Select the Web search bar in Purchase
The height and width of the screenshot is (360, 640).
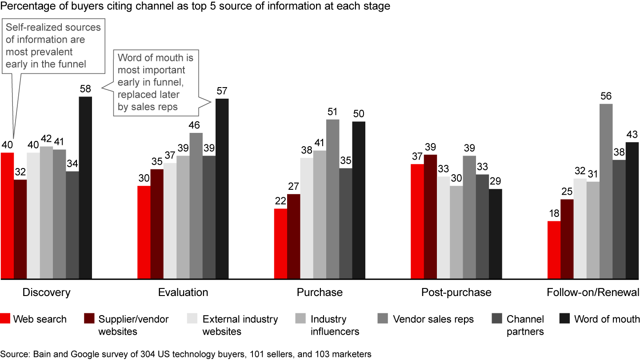(280, 244)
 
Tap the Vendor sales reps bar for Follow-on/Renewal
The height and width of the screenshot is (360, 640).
(606, 192)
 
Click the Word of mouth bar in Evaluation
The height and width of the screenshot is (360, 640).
(222, 189)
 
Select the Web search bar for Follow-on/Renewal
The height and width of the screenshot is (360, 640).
(554, 250)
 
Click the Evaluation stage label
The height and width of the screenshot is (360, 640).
(183, 292)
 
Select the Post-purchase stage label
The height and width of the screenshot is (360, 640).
(456, 292)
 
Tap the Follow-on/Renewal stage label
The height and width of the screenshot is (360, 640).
(593, 292)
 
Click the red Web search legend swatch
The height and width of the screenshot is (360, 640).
(5, 319)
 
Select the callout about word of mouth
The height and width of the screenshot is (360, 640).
(156, 83)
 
